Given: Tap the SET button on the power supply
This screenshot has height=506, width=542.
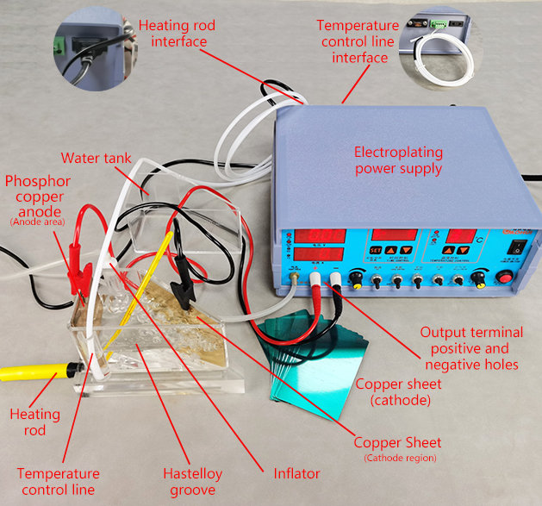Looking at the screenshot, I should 377,253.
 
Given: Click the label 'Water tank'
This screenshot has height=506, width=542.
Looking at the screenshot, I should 95,159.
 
